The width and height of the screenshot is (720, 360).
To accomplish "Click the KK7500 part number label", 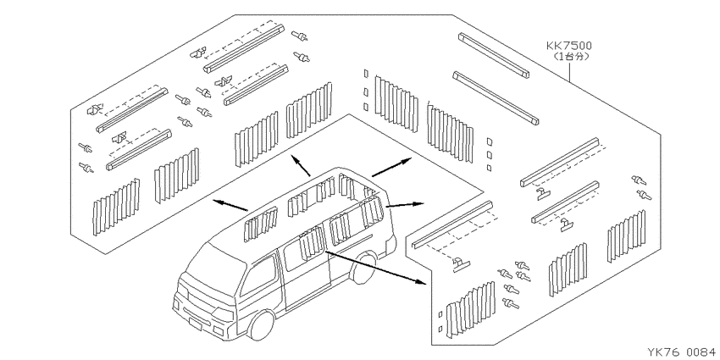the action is (x=569, y=46).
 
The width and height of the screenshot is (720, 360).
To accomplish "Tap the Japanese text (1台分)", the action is (x=569, y=57).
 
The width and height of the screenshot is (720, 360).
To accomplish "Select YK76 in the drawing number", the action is (x=664, y=352).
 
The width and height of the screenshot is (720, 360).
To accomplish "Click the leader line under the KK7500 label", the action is (x=570, y=73).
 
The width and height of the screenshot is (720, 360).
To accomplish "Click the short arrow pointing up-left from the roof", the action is (x=301, y=166).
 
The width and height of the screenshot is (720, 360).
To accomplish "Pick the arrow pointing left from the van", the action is (x=231, y=205).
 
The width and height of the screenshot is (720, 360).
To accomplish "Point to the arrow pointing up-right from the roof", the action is (x=392, y=166).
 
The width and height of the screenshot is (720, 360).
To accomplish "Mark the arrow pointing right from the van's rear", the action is (x=405, y=205).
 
